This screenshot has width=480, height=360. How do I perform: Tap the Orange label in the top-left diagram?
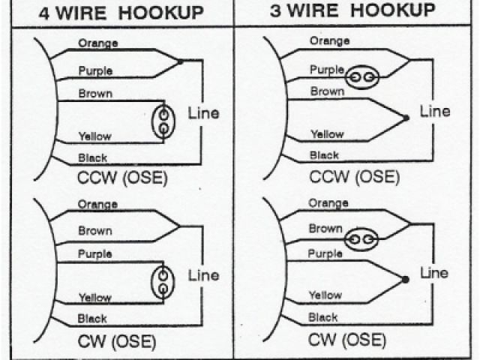coord(98,43)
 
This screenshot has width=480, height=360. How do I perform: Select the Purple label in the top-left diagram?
coord(96,71)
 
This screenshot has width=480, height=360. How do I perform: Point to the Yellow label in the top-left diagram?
coord(95,136)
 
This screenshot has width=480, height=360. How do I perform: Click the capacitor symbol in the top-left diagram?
coord(163,121)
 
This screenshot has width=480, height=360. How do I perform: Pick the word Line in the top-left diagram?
coord(204,113)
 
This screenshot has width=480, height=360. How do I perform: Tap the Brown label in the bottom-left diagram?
coord(95,231)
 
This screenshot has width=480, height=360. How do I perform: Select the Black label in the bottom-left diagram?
coord(93,319)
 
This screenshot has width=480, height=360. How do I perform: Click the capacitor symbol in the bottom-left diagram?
coord(163,282)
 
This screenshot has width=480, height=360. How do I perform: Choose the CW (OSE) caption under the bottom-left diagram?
coord(116,343)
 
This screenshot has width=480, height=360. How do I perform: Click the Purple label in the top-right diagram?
coord(327,69)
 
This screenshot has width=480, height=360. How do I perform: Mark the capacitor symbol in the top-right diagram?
coord(361,76)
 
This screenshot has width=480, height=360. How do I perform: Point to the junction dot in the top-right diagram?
coord(406,118)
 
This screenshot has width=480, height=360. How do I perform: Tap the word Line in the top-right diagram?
coord(435,111)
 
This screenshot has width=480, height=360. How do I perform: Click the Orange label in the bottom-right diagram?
coord(328,203)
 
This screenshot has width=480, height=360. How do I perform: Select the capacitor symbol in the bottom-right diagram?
coord(361,239)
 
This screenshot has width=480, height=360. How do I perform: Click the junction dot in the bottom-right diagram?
coord(406,280)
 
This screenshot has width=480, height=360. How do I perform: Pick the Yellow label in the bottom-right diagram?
coord(325,295)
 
